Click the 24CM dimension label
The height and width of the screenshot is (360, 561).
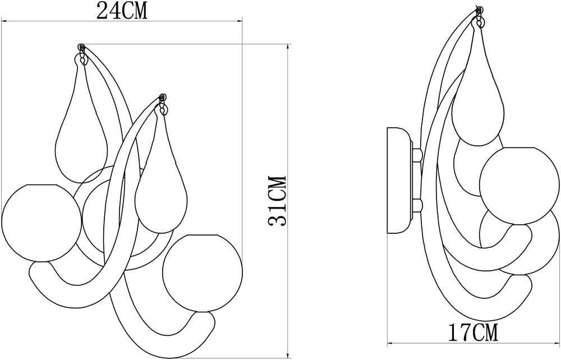click(122, 11)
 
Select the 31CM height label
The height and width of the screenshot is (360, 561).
click(278, 200)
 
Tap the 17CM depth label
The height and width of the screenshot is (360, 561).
click(473, 332)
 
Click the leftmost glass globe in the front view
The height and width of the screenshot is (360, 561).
click(42, 223)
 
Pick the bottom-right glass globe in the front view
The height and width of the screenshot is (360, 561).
click(202, 273)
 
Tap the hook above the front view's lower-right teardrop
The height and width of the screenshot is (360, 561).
click(163, 104)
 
